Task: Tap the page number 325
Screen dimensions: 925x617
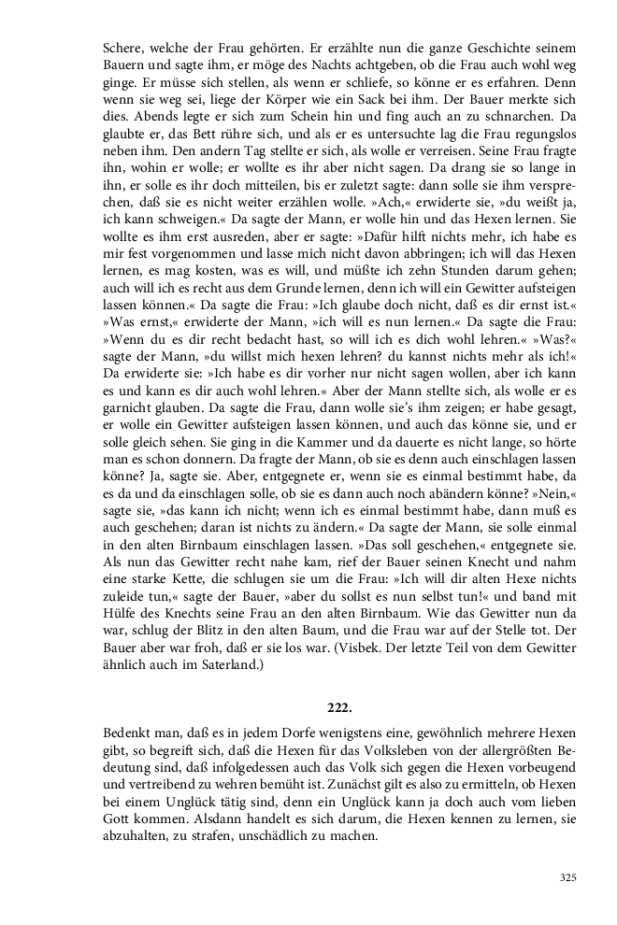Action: click(x=567, y=877)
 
